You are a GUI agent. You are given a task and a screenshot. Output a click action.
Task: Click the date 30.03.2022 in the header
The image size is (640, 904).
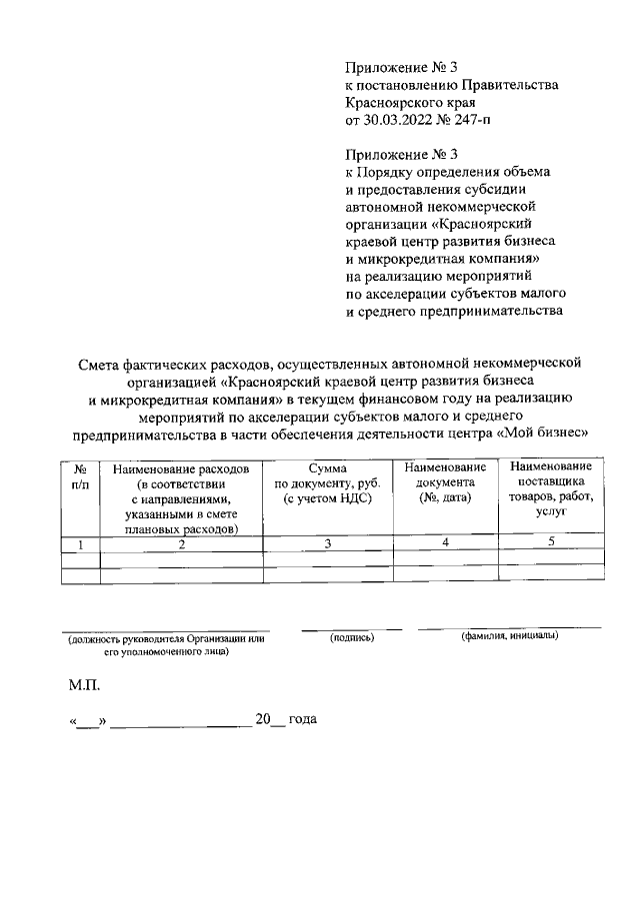[x=401, y=121]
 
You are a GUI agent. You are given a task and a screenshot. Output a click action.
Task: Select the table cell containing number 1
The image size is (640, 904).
[x=80, y=544]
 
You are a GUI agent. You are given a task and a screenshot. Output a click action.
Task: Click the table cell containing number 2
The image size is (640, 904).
[x=181, y=544]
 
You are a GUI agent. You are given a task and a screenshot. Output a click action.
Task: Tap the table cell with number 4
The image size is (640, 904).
[x=445, y=542]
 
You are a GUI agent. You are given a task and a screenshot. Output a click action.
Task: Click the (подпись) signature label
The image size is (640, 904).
[x=352, y=636]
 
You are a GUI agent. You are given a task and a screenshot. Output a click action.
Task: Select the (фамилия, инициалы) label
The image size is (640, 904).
[x=509, y=636]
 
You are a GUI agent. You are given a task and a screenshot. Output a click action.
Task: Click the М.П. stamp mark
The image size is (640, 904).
[x=84, y=687]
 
